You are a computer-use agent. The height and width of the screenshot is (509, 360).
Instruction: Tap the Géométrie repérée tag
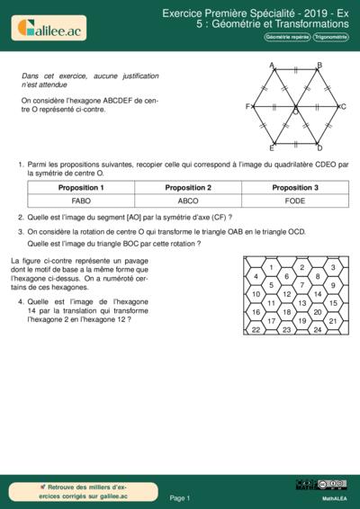click(x=286, y=37)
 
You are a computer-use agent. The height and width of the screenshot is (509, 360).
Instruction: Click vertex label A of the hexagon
click(x=272, y=65)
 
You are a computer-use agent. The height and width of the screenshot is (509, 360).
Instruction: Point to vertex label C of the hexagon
click(x=343, y=106)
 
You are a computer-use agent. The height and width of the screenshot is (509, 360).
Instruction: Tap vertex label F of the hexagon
click(x=247, y=106)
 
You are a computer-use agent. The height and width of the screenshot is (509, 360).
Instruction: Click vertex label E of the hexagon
click(x=272, y=147)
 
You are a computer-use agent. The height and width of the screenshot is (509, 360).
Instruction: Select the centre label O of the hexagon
click(x=294, y=112)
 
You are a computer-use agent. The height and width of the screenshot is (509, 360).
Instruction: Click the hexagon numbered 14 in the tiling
click(x=318, y=294)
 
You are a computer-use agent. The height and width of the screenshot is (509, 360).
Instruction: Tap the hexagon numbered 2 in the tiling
click(x=302, y=267)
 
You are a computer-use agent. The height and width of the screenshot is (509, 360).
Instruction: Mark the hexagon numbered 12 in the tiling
click(x=287, y=294)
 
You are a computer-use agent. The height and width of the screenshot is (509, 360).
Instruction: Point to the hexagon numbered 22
click(x=256, y=330)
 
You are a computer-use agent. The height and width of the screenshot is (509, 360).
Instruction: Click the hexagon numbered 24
click(x=318, y=330)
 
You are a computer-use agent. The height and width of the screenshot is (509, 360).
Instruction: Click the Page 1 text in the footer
click(x=180, y=497)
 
